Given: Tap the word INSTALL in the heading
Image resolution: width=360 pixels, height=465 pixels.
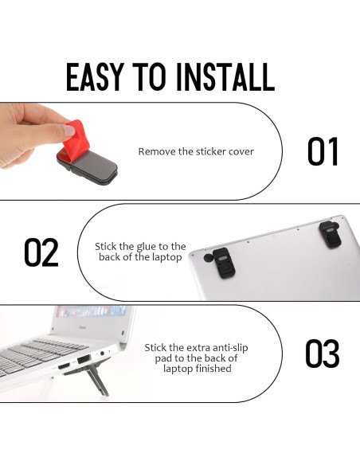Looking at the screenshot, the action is pyautogui.click(x=225, y=76).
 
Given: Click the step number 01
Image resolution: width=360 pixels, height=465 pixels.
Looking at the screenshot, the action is pyautogui.click(x=323, y=151).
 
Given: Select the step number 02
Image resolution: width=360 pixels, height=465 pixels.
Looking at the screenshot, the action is pyautogui.click(x=41, y=252).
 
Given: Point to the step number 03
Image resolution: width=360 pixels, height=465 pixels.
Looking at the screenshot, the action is pyautogui.click(x=323, y=354).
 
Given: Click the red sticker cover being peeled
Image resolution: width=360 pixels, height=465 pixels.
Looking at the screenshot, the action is pyautogui.click(x=76, y=138).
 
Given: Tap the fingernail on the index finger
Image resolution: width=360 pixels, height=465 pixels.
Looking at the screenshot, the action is pyautogui.click(x=69, y=131).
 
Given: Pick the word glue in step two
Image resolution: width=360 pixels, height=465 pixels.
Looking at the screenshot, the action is pyautogui.click(x=147, y=247).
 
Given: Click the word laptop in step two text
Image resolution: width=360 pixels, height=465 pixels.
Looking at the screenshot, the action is pyautogui.click(x=166, y=257).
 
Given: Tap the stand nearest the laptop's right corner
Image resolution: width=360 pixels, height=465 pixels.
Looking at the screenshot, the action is pyautogui.click(x=330, y=234).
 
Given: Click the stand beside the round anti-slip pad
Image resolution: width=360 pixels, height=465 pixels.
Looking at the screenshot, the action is pyautogui.click(x=224, y=263).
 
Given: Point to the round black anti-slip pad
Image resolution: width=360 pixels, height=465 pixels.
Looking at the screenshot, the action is pyautogui.click(x=208, y=258).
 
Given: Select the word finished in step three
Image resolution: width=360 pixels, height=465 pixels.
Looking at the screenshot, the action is pyautogui.click(x=213, y=369).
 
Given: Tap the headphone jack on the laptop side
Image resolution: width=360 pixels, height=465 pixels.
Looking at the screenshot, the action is pyautogui.click(x=102, y=354).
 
